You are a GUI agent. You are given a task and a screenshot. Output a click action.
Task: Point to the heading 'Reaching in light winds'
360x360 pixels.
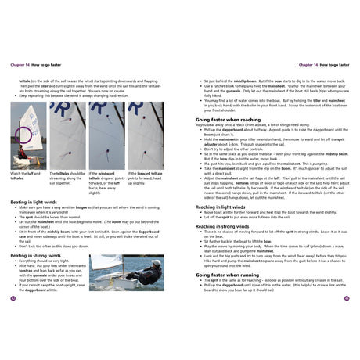(225, 183)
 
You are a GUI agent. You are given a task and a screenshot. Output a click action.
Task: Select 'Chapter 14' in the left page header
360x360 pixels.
(23, 65)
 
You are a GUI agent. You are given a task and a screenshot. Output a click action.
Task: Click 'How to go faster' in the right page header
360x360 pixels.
(332, 65)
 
